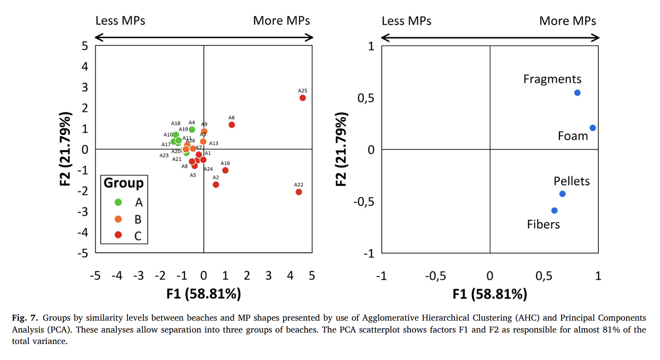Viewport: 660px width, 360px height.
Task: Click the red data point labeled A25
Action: (303, 98)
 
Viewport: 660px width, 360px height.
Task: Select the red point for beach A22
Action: (299, 192)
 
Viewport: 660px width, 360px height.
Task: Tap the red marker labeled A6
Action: (232, 125)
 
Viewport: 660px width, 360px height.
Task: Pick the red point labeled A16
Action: (225, 170)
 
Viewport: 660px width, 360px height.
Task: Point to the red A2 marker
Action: (216, 185)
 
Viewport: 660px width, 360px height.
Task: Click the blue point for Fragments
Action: (577, 93)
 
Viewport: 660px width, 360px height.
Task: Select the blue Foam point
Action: (593, 128)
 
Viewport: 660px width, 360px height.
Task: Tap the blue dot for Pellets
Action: (563, 194)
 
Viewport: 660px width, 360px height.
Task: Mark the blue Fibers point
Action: (554, 211)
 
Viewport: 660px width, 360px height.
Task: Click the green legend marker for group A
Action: (118, 202)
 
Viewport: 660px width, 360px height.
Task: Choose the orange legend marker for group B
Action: (118, 218)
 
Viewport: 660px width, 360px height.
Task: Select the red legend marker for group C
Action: (118, 235)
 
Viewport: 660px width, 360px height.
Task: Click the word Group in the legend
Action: (124, 183)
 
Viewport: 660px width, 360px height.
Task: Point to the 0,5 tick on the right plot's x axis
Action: (543, 276)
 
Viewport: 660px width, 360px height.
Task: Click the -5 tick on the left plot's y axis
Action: (84, 253)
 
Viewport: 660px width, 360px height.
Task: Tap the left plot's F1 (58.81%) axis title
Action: (204, 294)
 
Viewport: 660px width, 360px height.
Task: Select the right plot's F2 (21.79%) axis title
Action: (341, 149)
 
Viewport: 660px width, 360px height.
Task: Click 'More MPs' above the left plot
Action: (281, 21)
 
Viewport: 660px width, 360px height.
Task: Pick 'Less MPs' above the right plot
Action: (406, 21)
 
